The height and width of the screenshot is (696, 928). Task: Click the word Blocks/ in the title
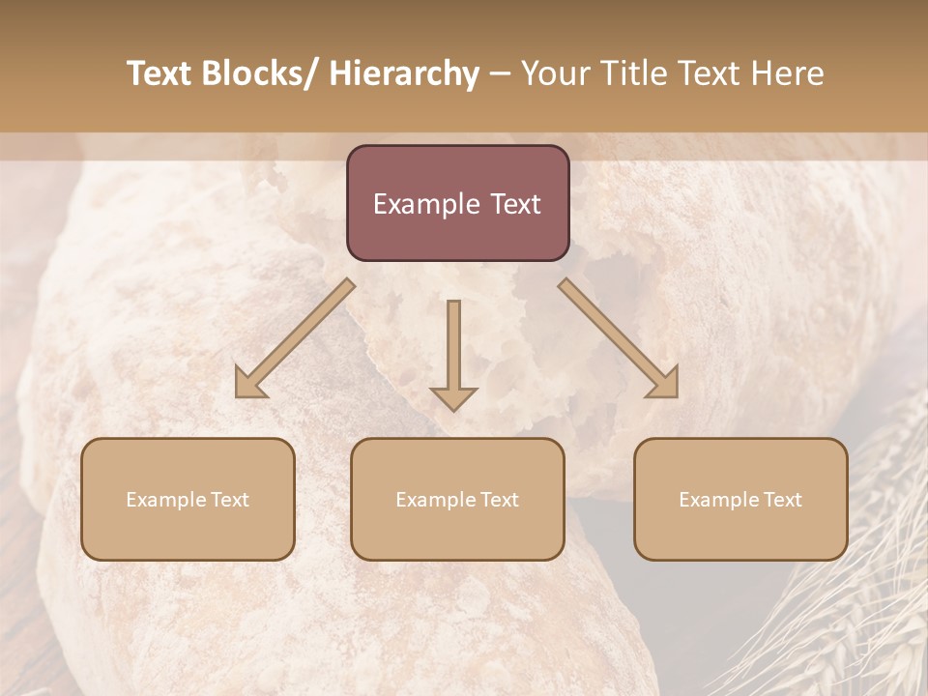click(259, 74)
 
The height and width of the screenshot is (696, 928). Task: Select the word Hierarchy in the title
click(404, 74)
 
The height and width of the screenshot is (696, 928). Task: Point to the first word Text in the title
click(159, 74)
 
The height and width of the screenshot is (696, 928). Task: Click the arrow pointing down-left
click(295, 338)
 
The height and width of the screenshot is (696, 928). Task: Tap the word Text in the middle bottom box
click(499, 500)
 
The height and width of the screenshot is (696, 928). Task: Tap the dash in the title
click(500, 74)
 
